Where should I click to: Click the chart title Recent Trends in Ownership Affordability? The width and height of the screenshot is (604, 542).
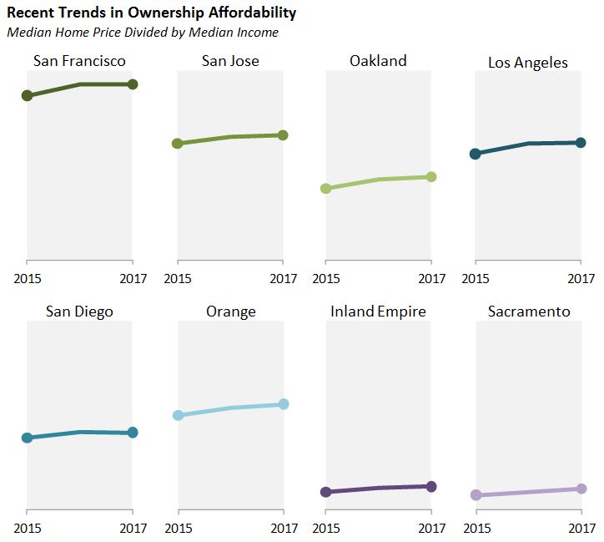tap(151, 13)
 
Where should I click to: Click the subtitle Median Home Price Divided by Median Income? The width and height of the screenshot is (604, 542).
tap(142, 33)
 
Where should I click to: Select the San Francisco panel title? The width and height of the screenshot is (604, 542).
tap(79, 61)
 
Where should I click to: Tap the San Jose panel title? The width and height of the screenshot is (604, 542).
tap(230, 61)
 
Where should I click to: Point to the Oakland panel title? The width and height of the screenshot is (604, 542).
tap(378, 61)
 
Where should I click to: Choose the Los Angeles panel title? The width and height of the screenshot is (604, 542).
tap(527, 63)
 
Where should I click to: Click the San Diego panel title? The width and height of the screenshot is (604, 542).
tap(79, 312)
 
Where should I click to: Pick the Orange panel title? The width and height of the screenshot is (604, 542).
tap(230, 312)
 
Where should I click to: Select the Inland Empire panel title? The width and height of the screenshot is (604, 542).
tap(378, 312)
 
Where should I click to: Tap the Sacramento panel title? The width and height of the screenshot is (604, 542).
tap(528, 312)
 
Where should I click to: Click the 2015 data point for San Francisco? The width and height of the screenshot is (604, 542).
tap(27, 96)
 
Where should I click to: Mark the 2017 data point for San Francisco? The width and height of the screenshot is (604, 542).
tap(133, 84)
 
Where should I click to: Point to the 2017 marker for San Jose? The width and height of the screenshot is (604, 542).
tap(283, 135)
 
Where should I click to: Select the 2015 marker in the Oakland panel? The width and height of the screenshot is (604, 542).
tap(326, 189)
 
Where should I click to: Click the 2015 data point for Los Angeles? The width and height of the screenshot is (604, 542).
tap(475, 154)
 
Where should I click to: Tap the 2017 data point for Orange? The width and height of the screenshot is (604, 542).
tap(283, 404)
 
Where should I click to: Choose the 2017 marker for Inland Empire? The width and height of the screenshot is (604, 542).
tap(431, 486)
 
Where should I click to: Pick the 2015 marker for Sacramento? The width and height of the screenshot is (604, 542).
tap(476, 495)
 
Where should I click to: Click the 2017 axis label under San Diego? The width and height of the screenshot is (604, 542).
tap(133, 528)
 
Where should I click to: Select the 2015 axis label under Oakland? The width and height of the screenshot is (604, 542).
tap(326, 278)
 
